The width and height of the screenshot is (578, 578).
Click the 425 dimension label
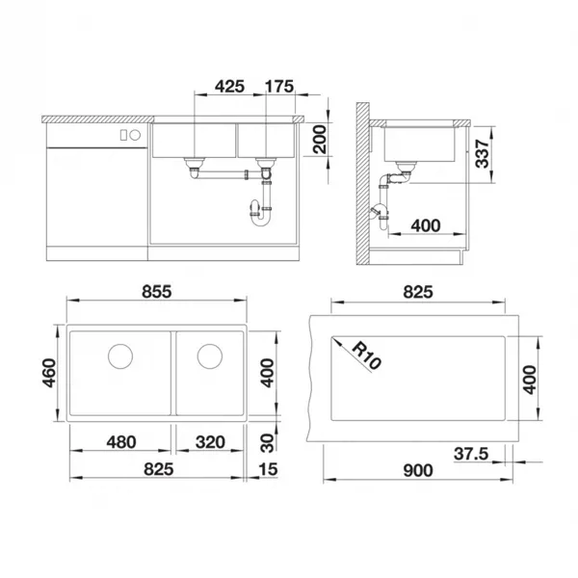tap(229, 87)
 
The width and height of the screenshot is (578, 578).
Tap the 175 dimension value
tap(279, 87)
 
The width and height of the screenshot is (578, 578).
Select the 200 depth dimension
tap(320, 139)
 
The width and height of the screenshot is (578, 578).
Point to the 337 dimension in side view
tap(483, 154)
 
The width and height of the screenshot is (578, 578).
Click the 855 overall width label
tap(157, 292)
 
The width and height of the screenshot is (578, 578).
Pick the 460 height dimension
tap(49, 373)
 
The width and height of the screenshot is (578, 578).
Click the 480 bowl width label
tap(121, 442)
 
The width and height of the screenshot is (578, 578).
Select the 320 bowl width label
tap(210, 442)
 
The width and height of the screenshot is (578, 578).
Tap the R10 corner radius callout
tap(366, 355)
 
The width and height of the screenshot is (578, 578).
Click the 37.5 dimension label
tap(471, 454)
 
